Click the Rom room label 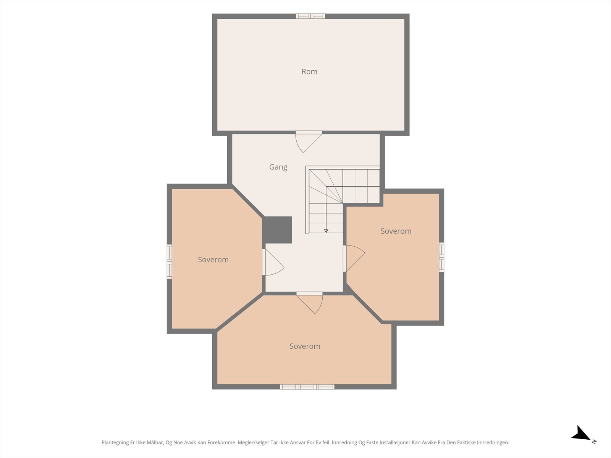click(309, 72)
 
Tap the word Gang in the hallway click(278, 167)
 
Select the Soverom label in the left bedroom click(213, 260)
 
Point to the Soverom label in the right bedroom click(396, 231)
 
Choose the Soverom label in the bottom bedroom click(305, 346)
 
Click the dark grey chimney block click(277, 230)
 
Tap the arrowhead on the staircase click(326, 231)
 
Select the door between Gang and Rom click(309, 142)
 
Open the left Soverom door click(273, 262)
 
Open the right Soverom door click(354, 259)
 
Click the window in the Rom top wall click(310, 16)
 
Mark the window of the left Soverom click(169, 261)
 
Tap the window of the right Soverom click(441, 257)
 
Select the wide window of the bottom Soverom click(307, 387)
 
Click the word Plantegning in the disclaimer click(115, 443)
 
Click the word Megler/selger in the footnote click(253, 443)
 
